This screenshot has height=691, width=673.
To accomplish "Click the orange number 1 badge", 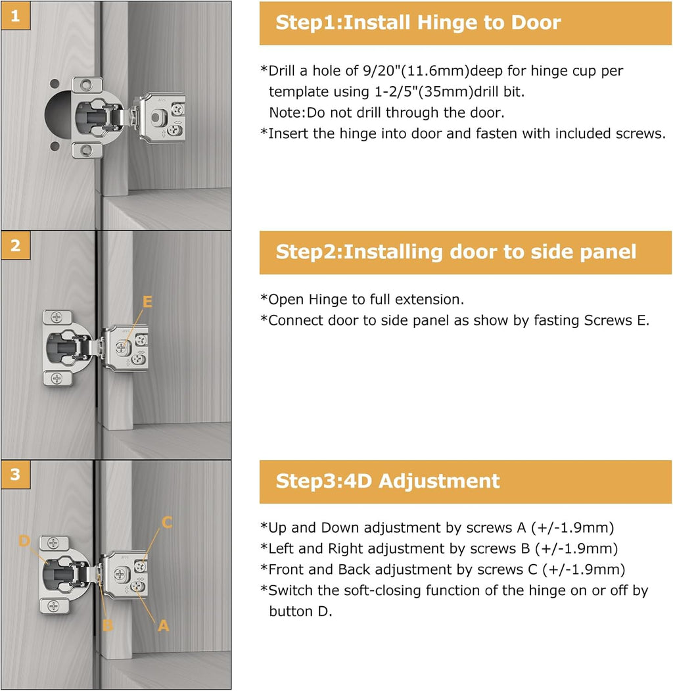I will coord(15,16).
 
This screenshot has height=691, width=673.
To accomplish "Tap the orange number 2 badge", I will coord(15,245).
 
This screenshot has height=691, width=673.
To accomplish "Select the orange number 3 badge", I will coord(15,475).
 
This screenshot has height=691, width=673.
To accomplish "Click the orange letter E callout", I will coord(147,302).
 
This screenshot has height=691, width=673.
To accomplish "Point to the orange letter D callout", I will coord(24,540).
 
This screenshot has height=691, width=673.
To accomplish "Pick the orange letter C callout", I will coord(167,523).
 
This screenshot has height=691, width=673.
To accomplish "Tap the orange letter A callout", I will coord(164,626).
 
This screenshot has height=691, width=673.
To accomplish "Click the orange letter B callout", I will coord(107,625).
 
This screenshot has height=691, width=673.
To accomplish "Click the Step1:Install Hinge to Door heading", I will coord(418,23).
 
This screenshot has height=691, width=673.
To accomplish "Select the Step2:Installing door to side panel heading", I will coord(455,252).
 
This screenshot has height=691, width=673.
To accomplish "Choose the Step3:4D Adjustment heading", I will coord(388,481).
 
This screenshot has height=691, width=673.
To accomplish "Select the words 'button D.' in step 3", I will coord(300,611).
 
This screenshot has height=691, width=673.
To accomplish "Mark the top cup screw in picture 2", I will coord(58,317).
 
